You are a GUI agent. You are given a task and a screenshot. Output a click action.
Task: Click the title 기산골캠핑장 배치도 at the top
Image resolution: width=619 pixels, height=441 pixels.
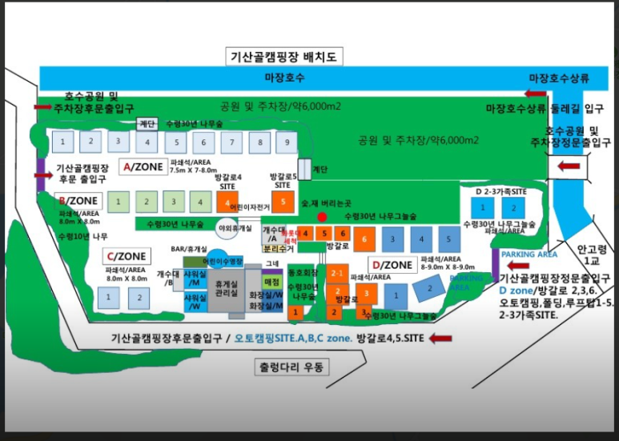pos(286,57)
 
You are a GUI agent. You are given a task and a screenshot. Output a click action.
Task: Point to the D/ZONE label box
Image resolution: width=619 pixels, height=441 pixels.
pos(392,264)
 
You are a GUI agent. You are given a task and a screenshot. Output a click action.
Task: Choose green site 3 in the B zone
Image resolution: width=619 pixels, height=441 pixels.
pos(170,200)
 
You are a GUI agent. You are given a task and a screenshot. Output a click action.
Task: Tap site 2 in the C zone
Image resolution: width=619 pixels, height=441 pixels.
pos(138,297)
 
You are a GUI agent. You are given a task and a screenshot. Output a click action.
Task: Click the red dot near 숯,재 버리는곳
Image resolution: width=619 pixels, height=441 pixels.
pos(322,217)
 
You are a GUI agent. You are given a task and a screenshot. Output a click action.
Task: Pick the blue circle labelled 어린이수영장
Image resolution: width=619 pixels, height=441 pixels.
pos(218,260)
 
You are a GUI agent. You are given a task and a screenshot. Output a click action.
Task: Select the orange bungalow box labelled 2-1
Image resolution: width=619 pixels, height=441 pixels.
pos(338,272)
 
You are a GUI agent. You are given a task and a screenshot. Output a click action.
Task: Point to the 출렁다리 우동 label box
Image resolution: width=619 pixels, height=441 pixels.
pos(292,369)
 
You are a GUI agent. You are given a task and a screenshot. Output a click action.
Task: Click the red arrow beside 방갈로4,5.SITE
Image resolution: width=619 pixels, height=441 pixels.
pos(440,339)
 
